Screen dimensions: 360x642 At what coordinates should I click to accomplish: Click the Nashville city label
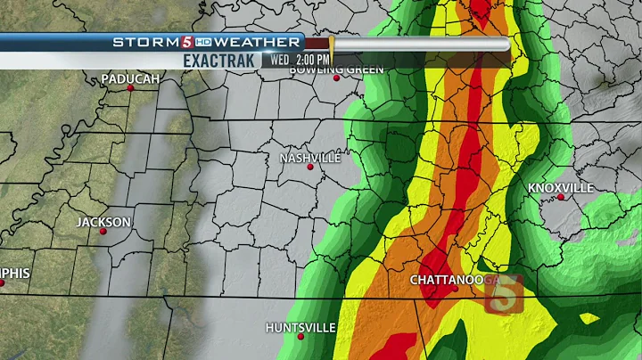click(310, 158)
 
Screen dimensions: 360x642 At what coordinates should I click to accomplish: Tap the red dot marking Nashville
click(310, 167)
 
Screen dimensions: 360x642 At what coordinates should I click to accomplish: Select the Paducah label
click(130, 78)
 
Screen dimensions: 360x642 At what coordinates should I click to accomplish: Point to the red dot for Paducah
click(130, 87)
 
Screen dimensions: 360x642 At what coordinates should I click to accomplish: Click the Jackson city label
click(103, 222)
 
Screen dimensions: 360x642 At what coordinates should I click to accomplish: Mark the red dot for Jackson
click(103, 231)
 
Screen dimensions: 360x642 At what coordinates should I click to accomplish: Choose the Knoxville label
click(561, 188)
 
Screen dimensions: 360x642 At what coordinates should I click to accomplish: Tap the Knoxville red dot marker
click(561, 197)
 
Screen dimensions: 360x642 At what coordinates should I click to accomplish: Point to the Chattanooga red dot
click(453, 289)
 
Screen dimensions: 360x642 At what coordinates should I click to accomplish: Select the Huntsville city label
click(300, 327)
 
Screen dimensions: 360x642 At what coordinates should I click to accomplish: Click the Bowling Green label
click(337, 70)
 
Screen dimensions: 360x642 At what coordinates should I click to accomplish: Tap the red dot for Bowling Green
click(337, 78)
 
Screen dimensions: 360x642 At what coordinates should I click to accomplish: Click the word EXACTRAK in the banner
click(221, 60)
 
